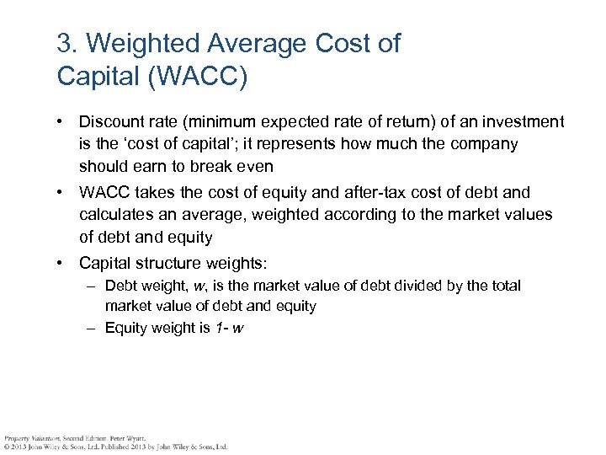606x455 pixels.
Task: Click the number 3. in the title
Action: point(66,44)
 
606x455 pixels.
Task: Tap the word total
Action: point(506,286)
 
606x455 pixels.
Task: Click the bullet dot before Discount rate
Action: point(61,122)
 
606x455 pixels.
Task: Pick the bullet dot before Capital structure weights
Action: point(61,264)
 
